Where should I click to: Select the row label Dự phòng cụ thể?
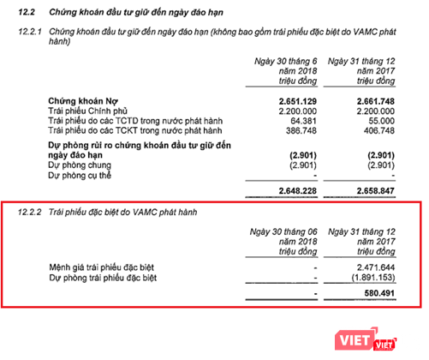tap(86, 174)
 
